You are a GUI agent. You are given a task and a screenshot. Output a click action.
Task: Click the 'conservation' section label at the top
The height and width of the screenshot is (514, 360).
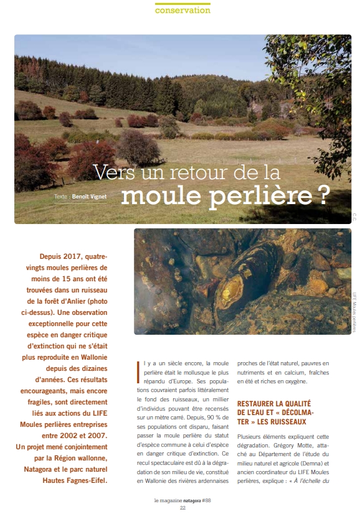[x=182, y=11]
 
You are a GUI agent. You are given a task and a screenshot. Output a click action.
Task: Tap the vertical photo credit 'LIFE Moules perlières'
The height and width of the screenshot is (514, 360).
[x=353, y=312]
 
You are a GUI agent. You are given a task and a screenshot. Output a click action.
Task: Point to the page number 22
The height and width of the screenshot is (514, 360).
[x=183, y=508]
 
